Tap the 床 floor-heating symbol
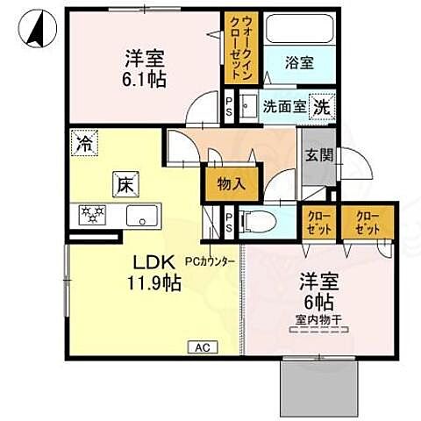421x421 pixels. click(124, 184)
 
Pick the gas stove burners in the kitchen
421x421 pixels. click(92, 214)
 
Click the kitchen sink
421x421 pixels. click(139, 215)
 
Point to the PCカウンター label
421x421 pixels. click(210, 260)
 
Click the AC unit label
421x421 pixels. click(200, 347)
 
